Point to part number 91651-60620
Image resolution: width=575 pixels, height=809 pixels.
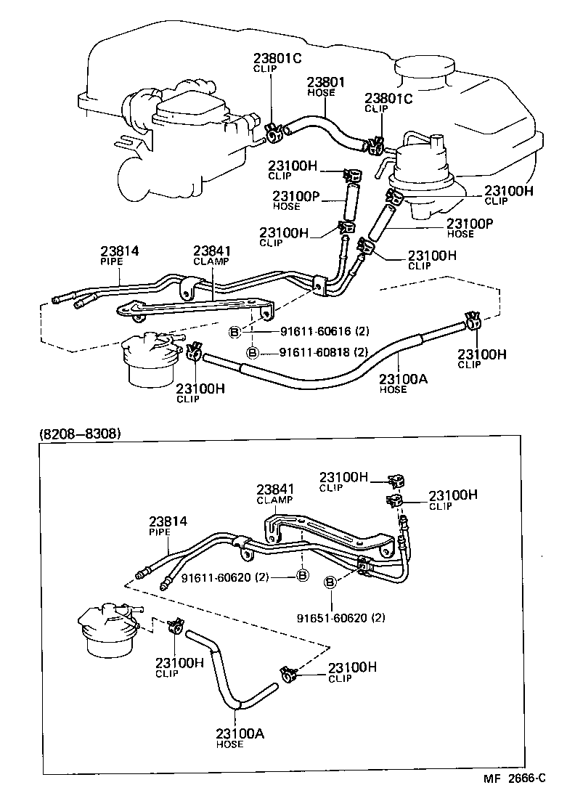click(x=340, y=618)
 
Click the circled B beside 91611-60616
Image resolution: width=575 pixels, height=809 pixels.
click(x=235, y=332)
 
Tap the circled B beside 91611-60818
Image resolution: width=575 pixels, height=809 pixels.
click(x=252, y=352)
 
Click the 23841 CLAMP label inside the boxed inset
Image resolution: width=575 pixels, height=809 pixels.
click(x=274, y=494)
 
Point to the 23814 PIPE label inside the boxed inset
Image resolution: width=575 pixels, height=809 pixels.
click(x=168, y=526)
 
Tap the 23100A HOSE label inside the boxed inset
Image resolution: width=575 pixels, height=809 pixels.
click(x=240, y=738)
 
